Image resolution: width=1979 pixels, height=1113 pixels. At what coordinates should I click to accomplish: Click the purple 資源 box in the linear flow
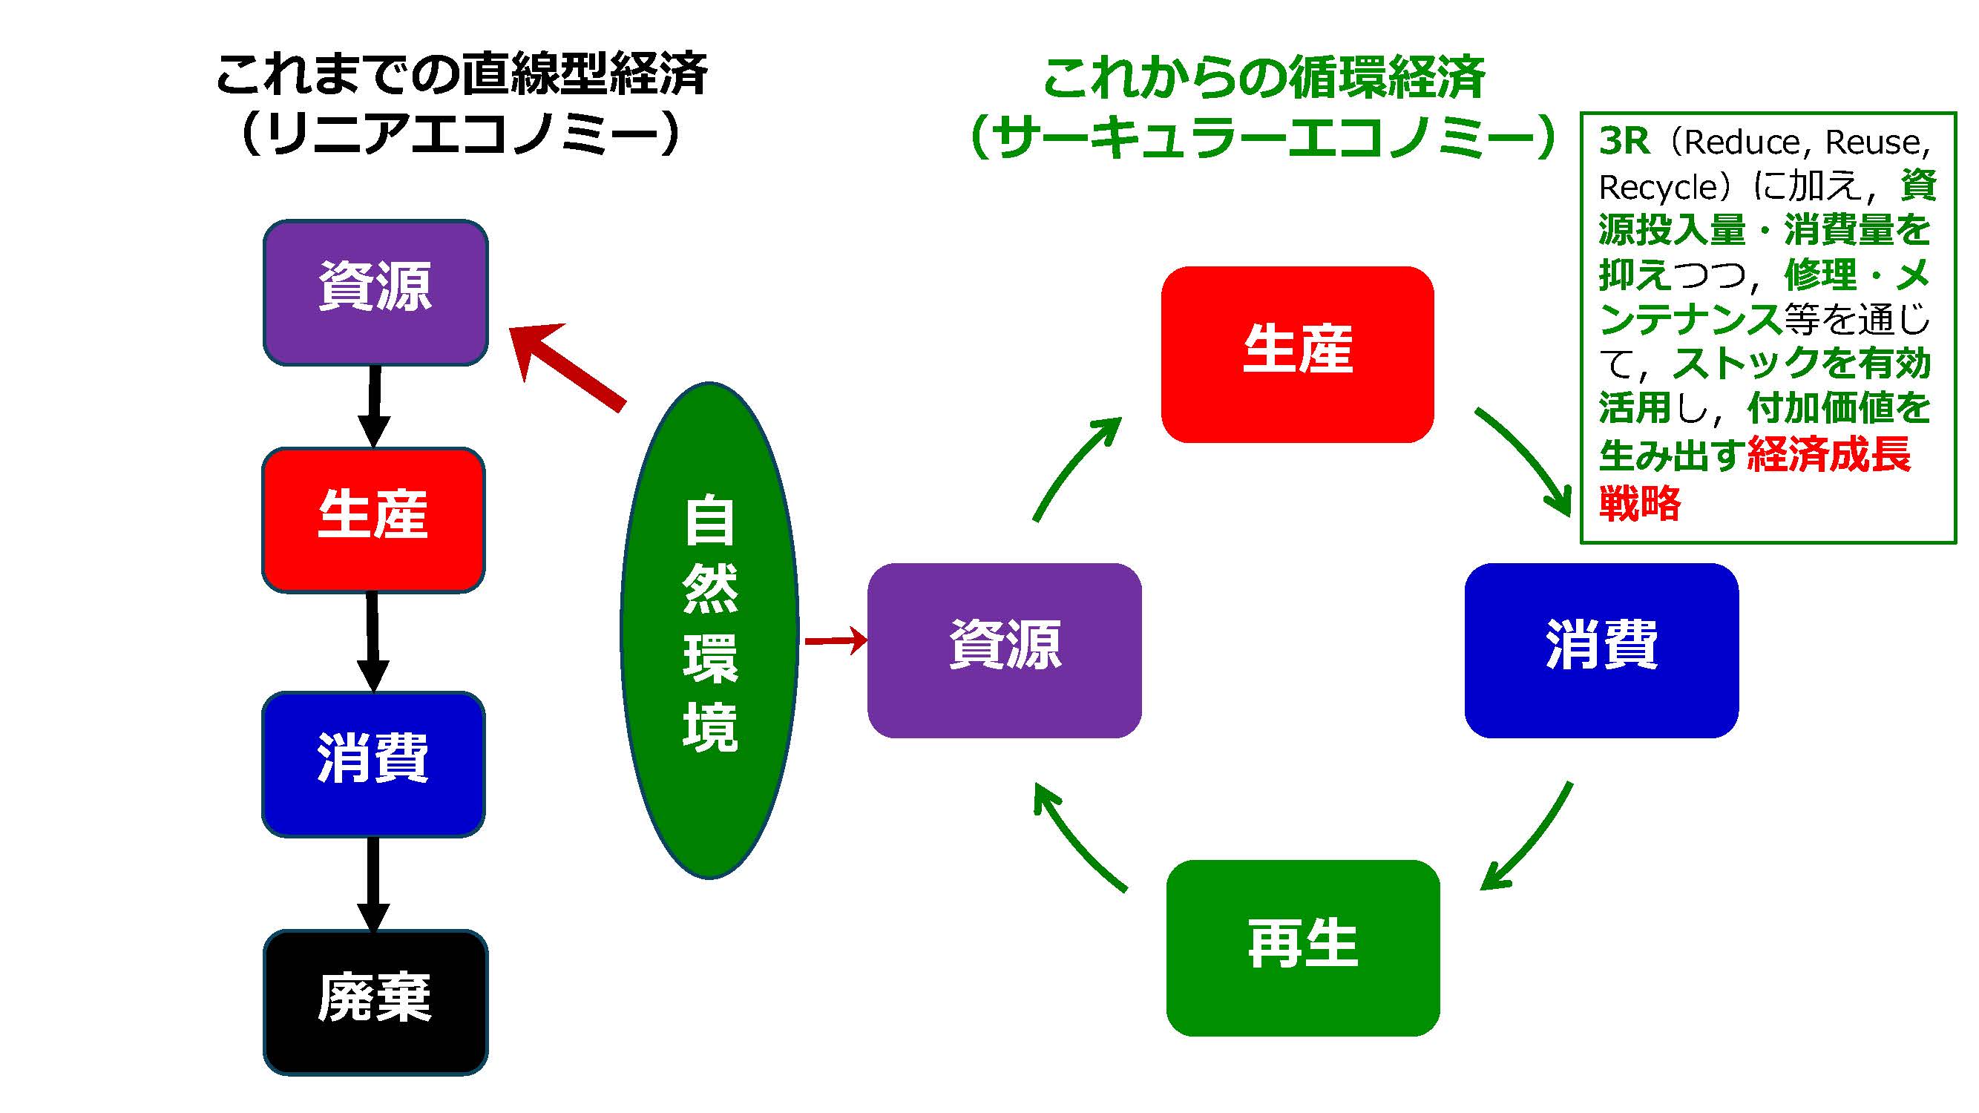pos(375,292)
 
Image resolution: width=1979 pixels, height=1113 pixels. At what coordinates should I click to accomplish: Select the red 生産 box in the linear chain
pos(373,519)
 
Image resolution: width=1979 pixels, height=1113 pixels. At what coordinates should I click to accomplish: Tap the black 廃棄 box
pos(375,1002)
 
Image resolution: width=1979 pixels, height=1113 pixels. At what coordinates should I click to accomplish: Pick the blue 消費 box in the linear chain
pos(373,764)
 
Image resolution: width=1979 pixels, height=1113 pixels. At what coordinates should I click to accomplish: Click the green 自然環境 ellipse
pos(709,630)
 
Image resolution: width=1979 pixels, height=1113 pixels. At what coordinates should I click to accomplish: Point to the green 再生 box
pos(1302,947)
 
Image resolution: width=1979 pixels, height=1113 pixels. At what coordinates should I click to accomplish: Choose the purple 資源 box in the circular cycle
pos(1004,650)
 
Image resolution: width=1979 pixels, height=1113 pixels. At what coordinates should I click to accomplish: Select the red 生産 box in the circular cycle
pos(1297,354)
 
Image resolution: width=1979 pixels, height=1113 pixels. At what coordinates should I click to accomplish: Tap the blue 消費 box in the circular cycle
pos(1601,650)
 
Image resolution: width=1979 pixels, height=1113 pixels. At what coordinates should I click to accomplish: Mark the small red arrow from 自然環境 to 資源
pos(835,639)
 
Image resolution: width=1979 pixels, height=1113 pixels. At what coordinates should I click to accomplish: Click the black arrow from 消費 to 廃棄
pos(373,883)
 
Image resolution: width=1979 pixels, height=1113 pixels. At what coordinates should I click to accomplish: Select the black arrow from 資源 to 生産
pos(374,406)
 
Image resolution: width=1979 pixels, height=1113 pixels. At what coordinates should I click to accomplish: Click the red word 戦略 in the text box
pos(1639,503)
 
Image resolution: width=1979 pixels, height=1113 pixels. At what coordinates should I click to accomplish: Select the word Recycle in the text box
pos(1657,187)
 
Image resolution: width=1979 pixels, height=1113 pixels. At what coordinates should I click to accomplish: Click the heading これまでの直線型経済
pos(461,74)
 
